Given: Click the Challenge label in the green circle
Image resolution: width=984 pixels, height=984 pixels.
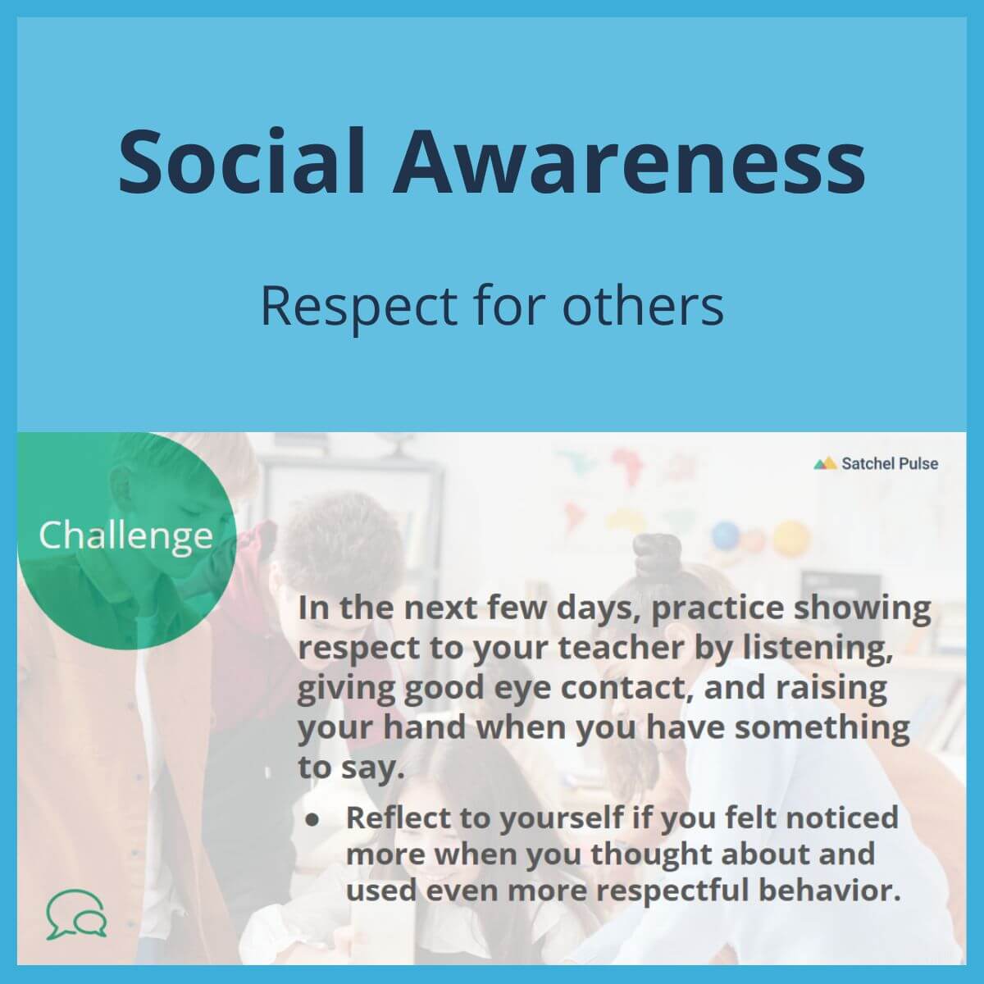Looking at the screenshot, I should pos(125,536).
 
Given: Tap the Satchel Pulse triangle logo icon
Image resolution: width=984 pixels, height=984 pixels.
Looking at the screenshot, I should pos(824,463).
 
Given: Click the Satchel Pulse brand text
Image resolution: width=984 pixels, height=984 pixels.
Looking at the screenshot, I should pos(890,463).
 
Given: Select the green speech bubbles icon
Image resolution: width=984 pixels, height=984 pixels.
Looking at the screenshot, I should pos(76,914).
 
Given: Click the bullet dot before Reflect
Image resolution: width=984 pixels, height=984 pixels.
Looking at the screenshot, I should pos(312,819).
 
